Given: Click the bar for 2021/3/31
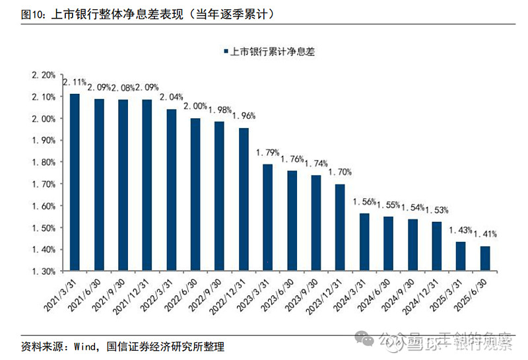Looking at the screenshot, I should click(x=75, y=182).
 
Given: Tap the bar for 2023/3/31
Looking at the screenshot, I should click(x=267, y=217).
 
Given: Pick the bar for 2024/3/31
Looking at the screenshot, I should click(x=364, y=242).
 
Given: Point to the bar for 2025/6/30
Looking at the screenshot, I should click(x=485, y=259).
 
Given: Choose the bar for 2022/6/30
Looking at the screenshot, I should click(x=195, y=195).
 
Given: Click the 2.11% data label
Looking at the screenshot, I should click(x=74, y=83).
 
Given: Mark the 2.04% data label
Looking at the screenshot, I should click(x=171, y=97).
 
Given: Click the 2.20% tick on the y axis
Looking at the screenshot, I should click(x=44, y=75).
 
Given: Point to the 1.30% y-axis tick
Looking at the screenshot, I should click(x=44, y=271).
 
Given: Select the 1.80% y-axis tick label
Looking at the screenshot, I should click(x=44, y=162).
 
